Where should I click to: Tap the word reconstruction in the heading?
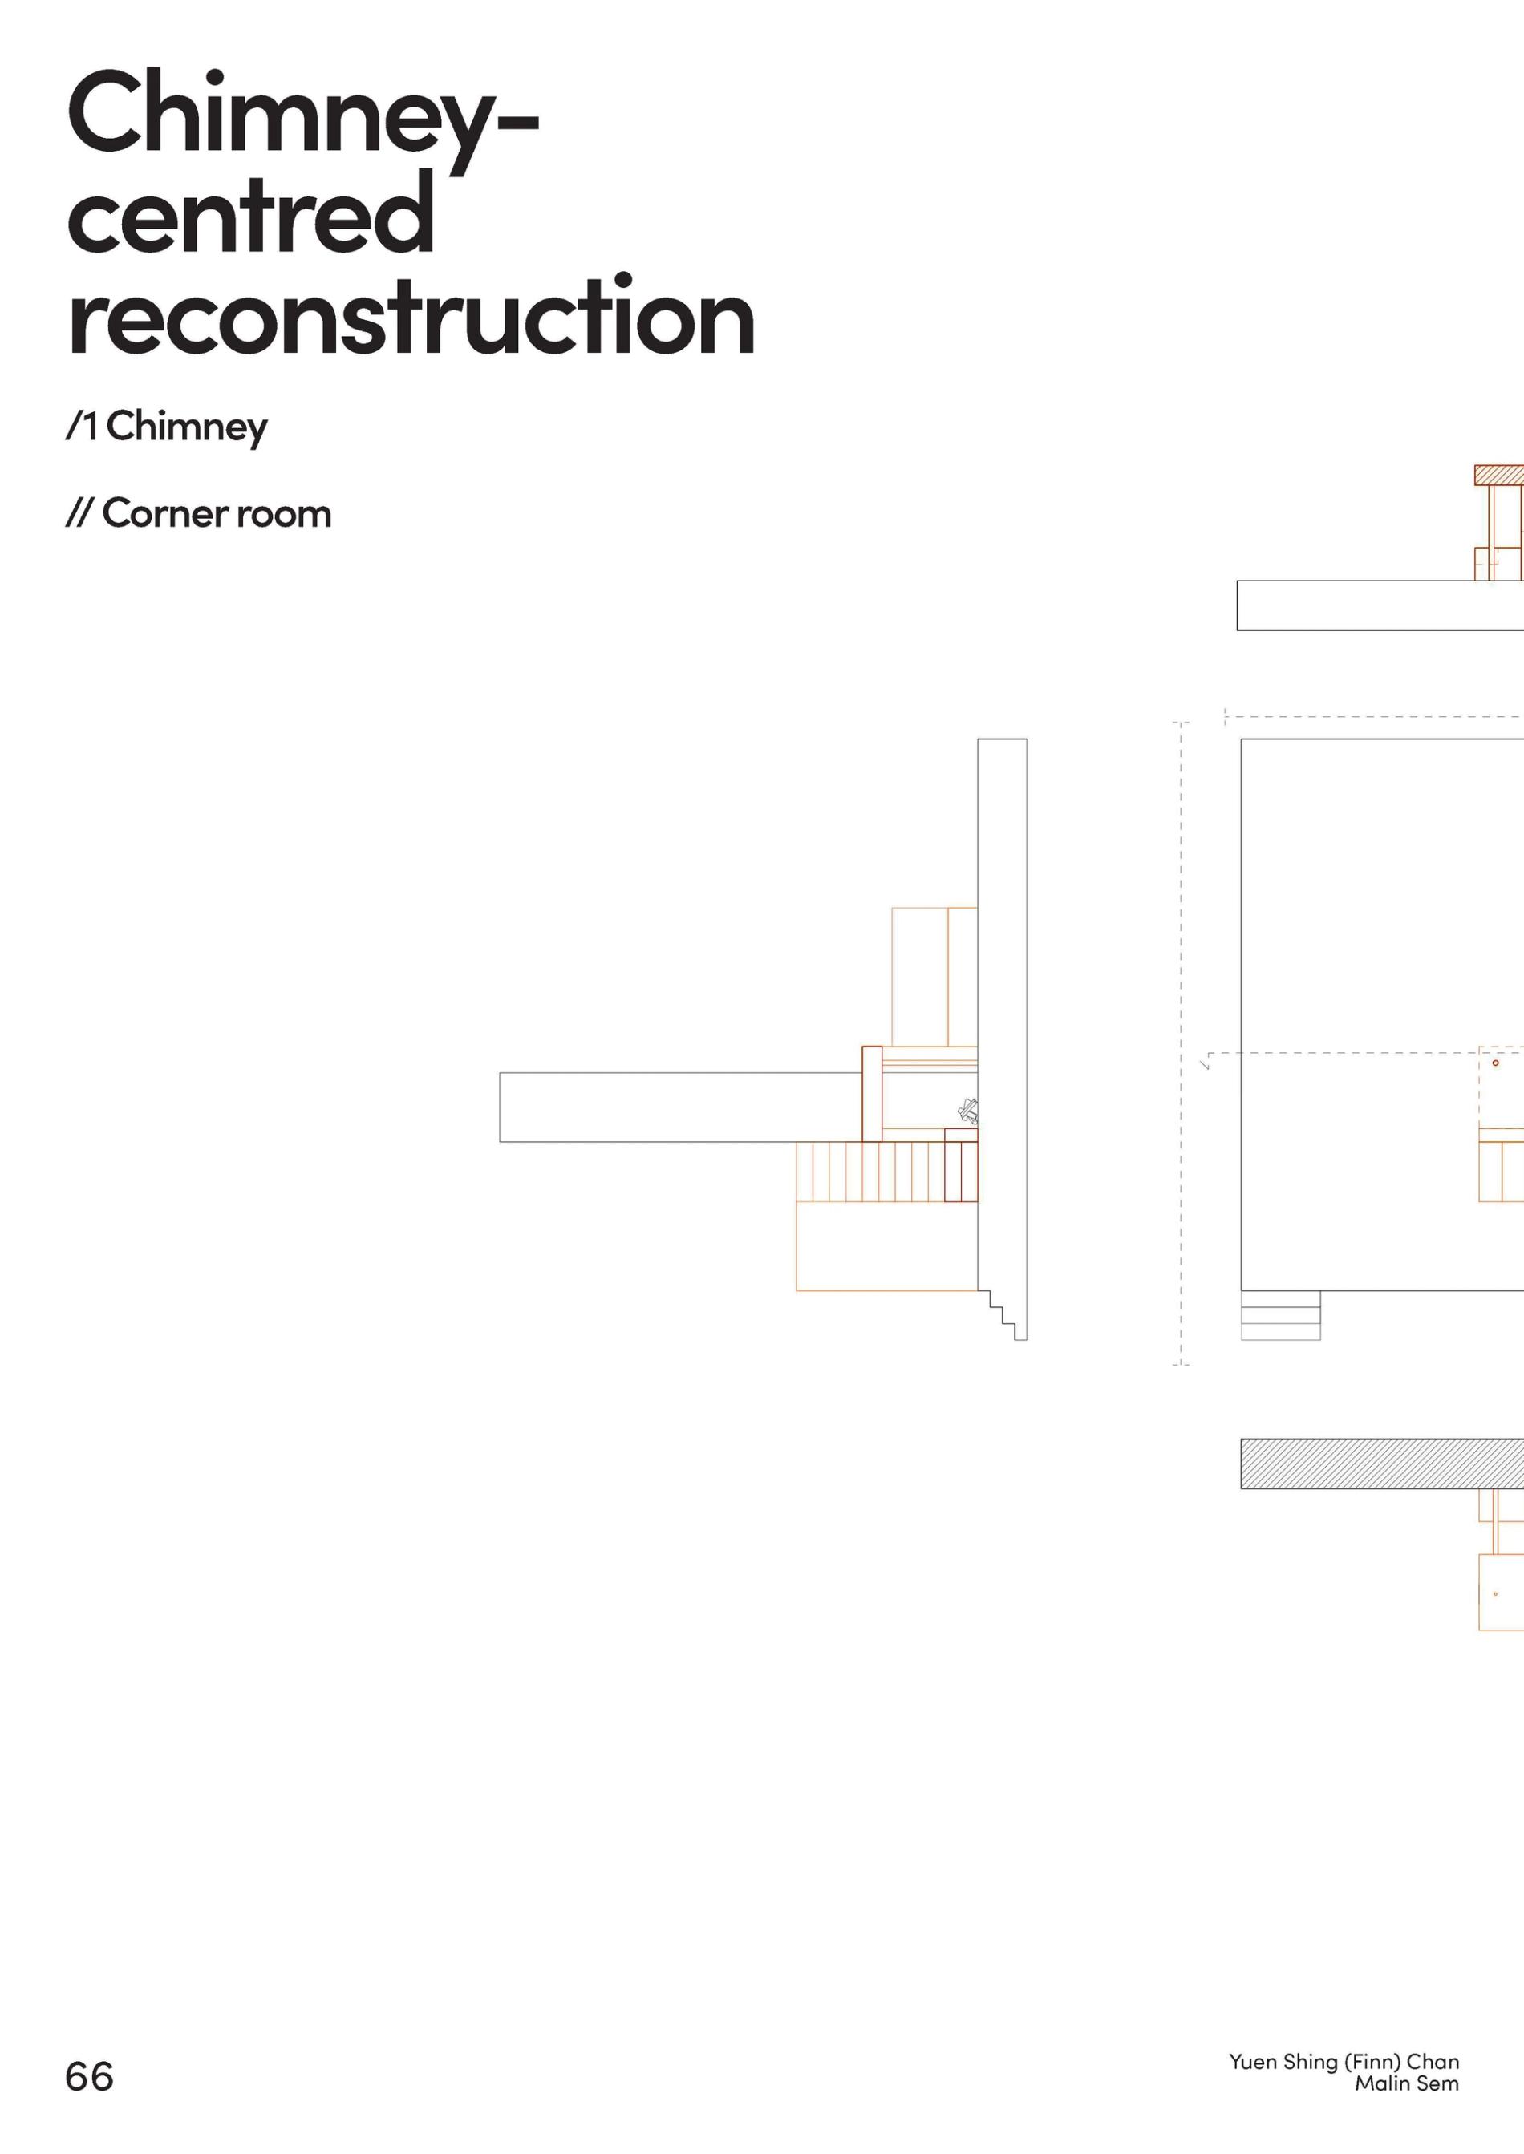pos(411,317)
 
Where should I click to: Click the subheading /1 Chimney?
pos(167,427)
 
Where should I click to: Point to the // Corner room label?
pos(198,513)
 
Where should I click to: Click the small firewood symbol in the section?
pos(967,1111)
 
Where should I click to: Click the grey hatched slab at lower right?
pos(1380,1464)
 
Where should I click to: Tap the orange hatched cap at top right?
pos(1498,475)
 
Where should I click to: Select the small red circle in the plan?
pos(1496,1063)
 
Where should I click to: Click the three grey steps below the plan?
pos(1280,1315)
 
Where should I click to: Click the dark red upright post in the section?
pos(872,1093)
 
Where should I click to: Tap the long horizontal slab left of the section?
pos(679,1107)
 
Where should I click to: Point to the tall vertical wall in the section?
pos(1003,938)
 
